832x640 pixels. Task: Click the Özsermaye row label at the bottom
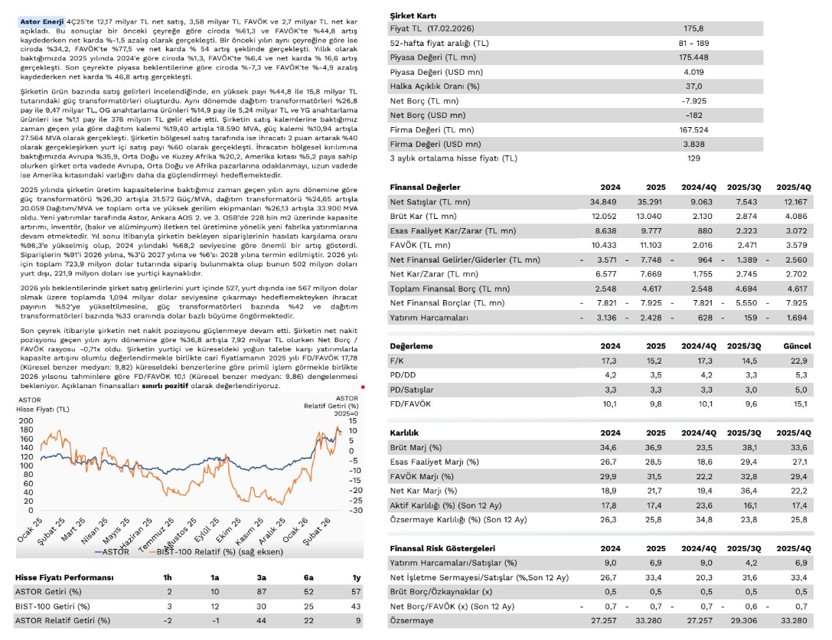(x=413, y=621)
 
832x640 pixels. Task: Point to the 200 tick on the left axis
(x=26, y=421)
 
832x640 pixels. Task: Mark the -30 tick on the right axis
(x=351, y=510)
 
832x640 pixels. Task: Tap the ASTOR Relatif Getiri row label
(x=62, y=619)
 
